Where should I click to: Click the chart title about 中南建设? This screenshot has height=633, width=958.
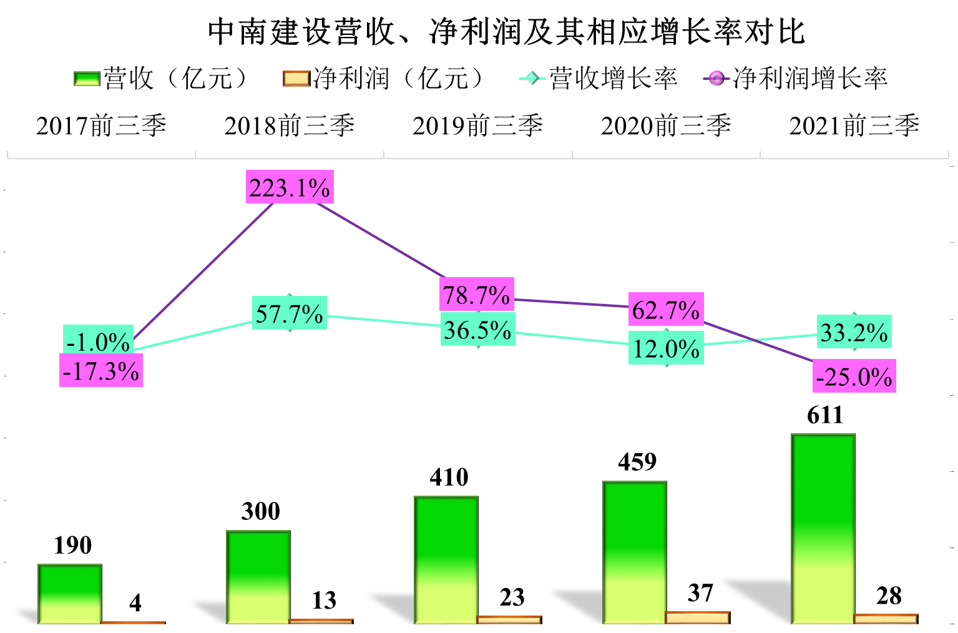tap(506, 31)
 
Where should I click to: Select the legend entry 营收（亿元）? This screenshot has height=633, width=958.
tap(161, 79)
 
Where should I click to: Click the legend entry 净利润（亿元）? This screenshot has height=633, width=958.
tap(383, 79)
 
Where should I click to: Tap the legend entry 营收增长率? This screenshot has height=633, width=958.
tap(599, 79)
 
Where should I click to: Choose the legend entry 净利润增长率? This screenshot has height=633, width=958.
tap(796, 79)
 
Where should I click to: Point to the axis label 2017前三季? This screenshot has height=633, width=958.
tap(101, 125)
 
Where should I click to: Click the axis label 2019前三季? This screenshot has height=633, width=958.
tap(477, 125)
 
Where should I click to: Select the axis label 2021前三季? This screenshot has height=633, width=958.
tap(854, 125)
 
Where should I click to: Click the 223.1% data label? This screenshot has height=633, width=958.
tap(290, 187)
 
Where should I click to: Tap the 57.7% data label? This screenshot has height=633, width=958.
tap(290, 313)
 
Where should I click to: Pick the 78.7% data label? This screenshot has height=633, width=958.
tap(477, 295)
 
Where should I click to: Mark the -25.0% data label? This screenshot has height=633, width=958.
tap(854, 376)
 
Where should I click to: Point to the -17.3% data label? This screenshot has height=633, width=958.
tap(101, 371)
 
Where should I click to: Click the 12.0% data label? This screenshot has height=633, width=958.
tap(666, 348)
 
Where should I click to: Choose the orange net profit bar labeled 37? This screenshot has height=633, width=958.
tap(698, 617)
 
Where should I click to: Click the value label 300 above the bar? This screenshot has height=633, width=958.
tap(261, 511)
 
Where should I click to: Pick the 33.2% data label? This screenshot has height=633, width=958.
tap(854, 332)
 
